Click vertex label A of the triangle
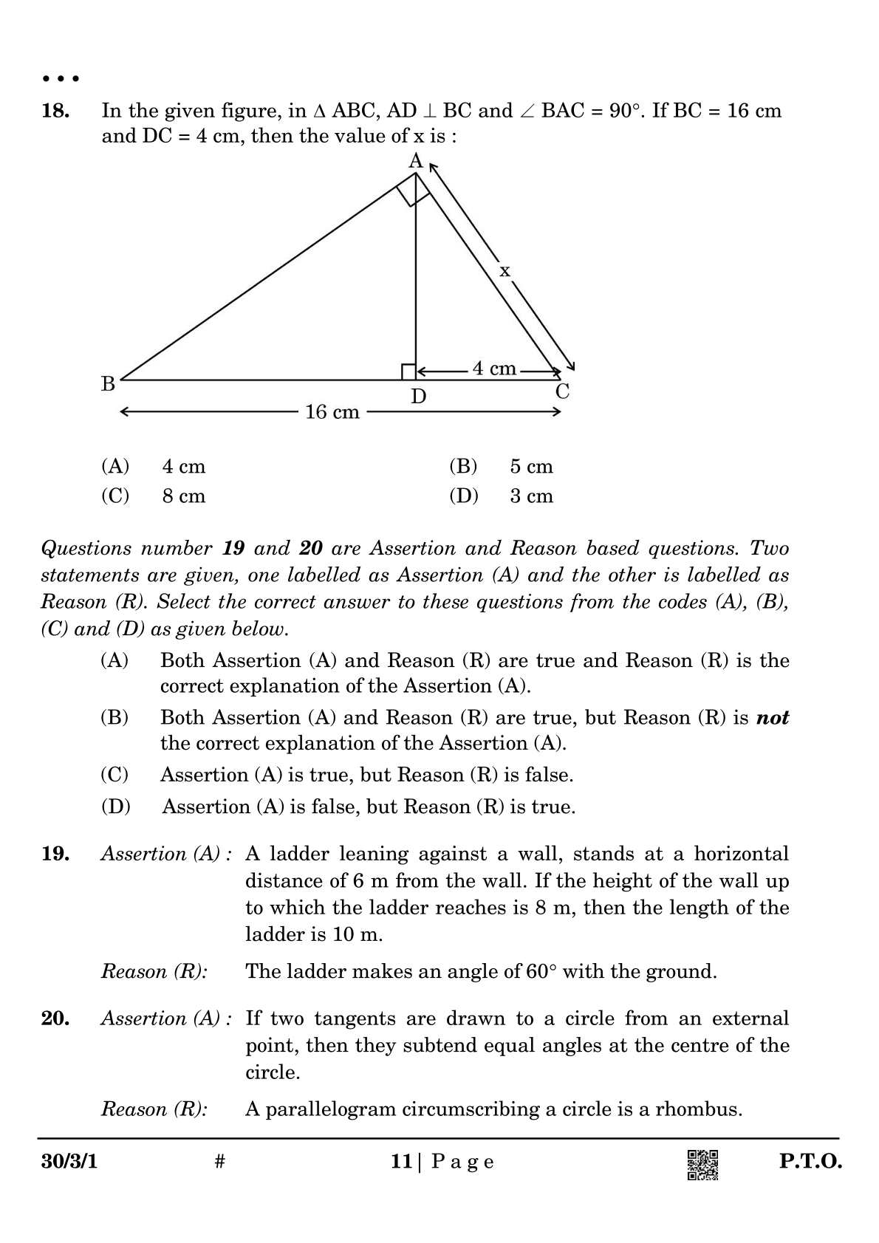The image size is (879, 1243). pyautogui.click(x=416, y=160)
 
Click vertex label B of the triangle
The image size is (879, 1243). pyautogui.click(x=108, y=384)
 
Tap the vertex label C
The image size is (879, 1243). pyautogui.click(x=563, y=392)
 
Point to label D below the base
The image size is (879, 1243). pyautogui.click(x=419, y=397)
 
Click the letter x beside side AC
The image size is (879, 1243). pyautogui.click(x=505, y=271)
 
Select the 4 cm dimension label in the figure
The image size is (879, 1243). pyautogui.click(x=494, y=369)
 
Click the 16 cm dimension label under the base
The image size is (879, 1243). pyautogui.click(x=332, y=412)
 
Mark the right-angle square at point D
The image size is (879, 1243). pyautogui.click(x=408, y=371)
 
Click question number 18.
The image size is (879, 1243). pyautogui.click(x=55, y=112)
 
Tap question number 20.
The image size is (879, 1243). pyautogui.click(x=55, y=1018)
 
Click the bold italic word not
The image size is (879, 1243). pyautogui.click(x=773, y=718)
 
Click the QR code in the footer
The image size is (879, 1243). pyautogui.click(x=702, y=1165)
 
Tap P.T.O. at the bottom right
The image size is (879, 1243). pyautogui.click(x=810, y=1162)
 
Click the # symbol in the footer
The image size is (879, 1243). pyautogui.click(x=219, y=1162)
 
